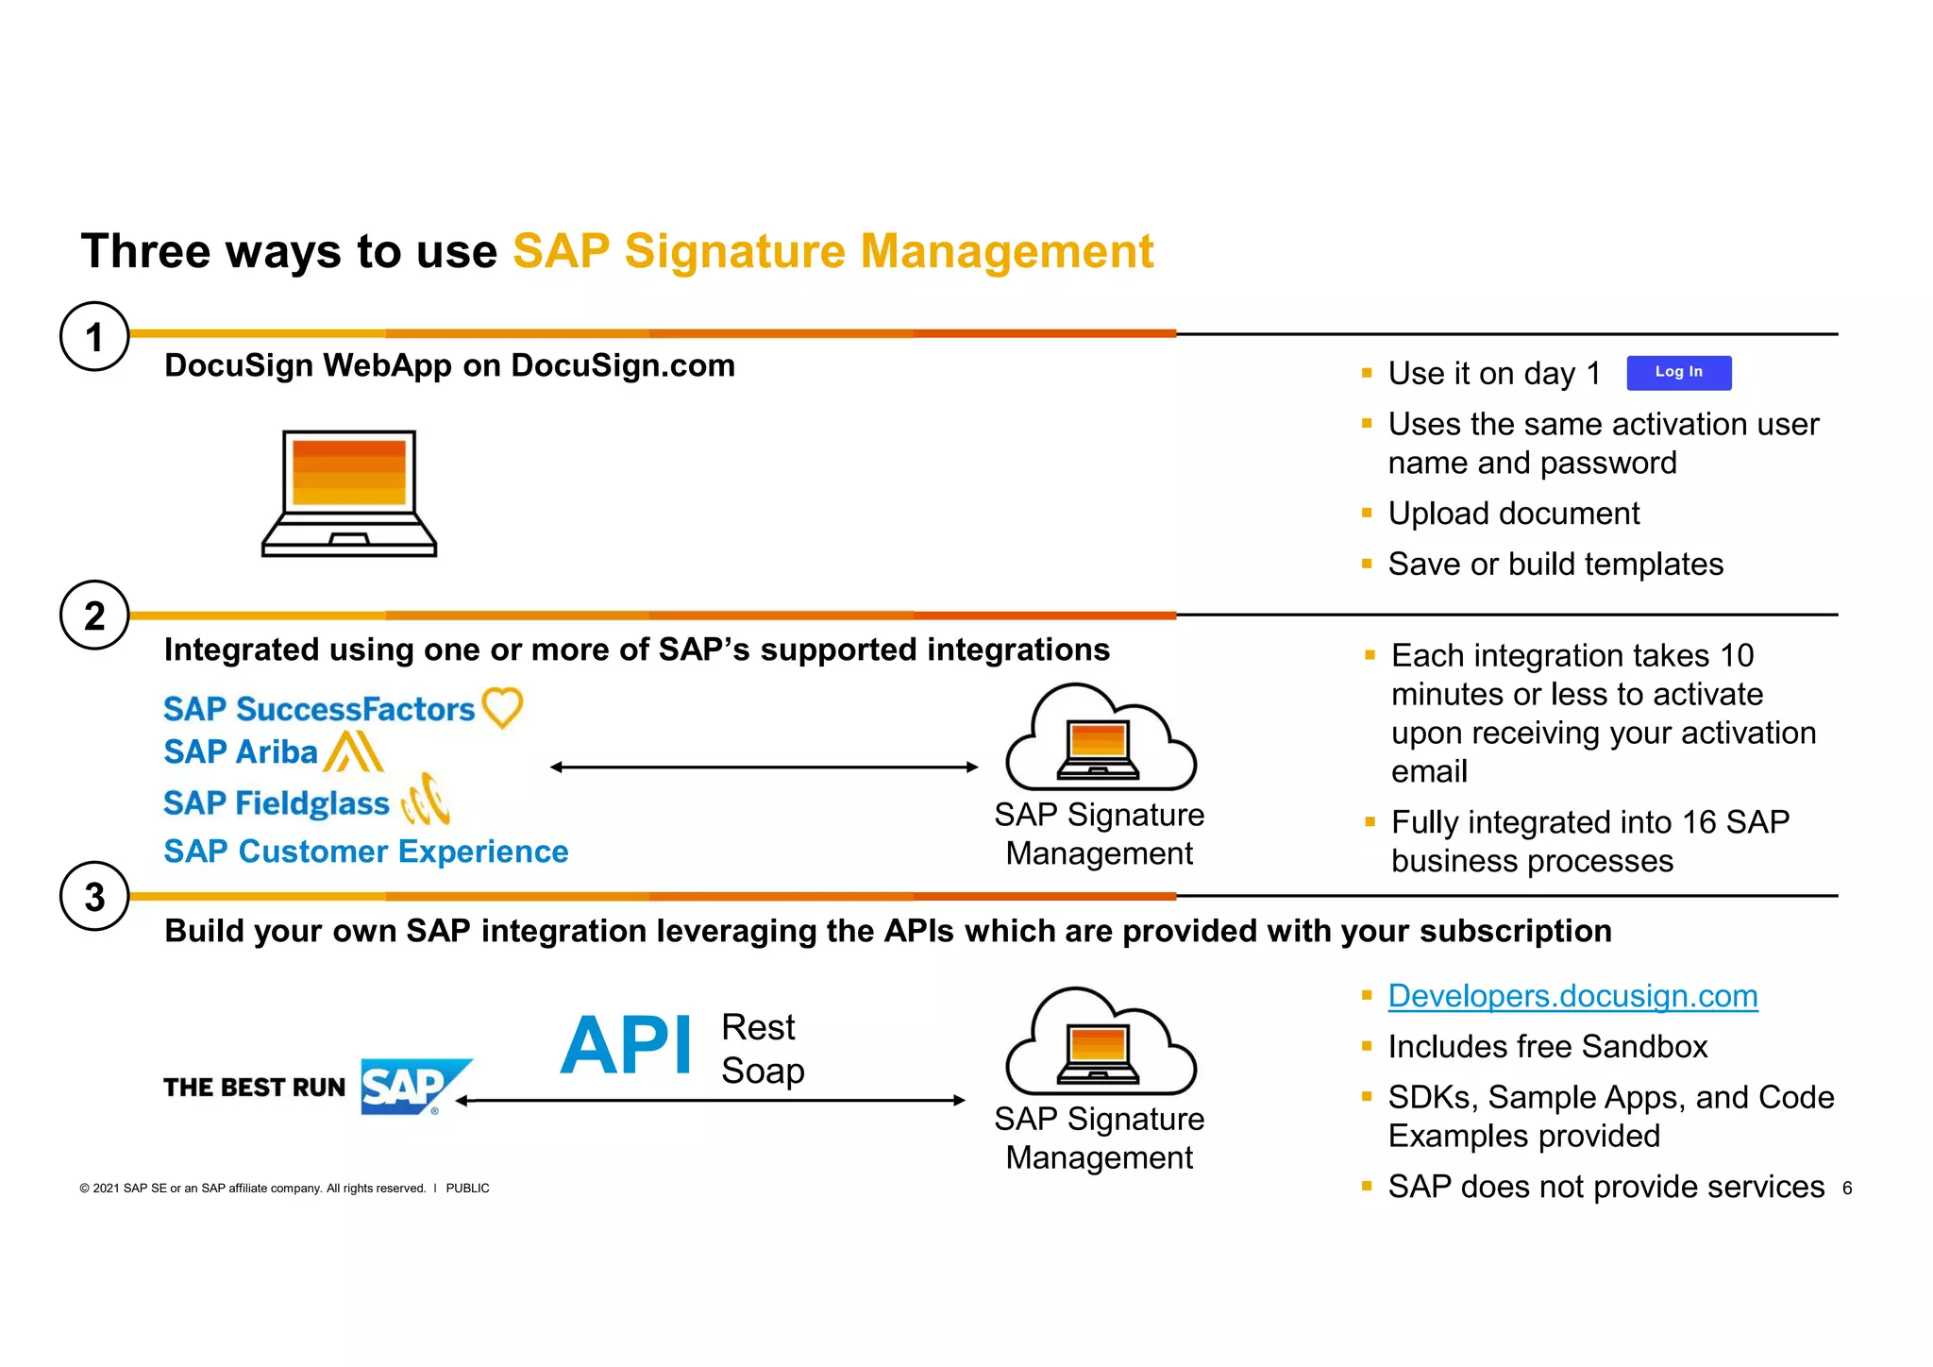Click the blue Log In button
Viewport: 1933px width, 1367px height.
(x=1678, y=373)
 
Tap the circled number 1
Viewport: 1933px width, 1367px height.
(x=94, y=336)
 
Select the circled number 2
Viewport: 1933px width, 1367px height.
(x=94, y=616)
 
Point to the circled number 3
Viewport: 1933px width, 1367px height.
(x=94, y=897)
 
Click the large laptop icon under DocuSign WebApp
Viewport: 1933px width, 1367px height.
(x=349, y=493)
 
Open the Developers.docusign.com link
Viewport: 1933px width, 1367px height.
(x=1572, y=996)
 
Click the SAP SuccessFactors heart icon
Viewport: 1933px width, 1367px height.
(x=502, y=707)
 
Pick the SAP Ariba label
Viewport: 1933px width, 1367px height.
(x=241, y=751)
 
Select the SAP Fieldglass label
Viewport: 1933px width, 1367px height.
(x=276, y=803)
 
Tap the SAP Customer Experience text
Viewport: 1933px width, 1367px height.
(x=366, y=852)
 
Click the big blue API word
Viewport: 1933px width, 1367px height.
(x=627, y=1046)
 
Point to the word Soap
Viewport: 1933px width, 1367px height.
(x=763, y=1071)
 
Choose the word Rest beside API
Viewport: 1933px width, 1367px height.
(x=758, y=1027)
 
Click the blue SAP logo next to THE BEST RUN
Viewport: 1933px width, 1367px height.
(x=412, y=1087)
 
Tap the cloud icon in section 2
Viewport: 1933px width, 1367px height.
(x=1101, y=738)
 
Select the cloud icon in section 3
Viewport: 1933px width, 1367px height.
(x=1101, y=1042)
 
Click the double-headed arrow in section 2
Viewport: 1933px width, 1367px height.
(x=764, y=768)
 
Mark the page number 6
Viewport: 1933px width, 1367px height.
(x=1847, y=1189)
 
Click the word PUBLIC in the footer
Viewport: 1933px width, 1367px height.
(x=467, y=1189)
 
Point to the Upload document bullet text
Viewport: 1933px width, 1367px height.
(x=1514, y=514)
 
